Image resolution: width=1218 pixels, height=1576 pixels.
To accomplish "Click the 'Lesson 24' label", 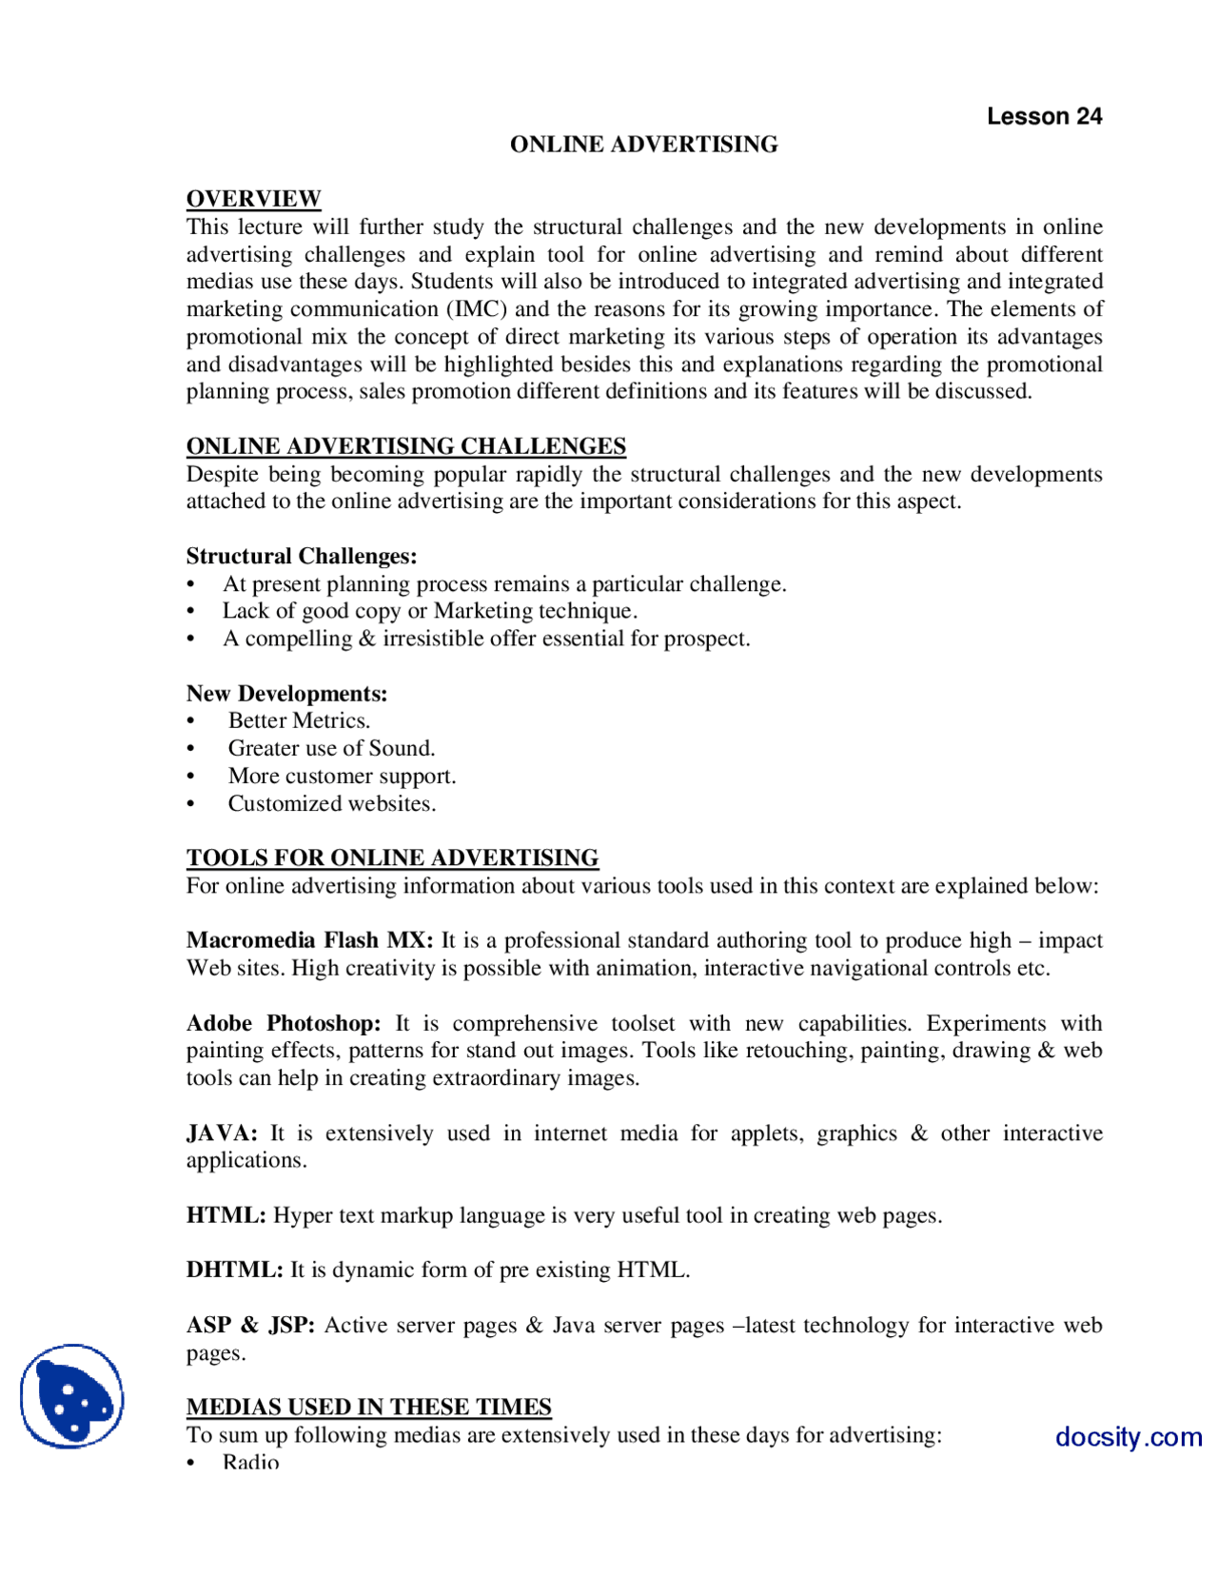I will tap(1044, 116).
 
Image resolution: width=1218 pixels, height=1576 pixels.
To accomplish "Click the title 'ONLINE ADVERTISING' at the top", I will tap(643, 145).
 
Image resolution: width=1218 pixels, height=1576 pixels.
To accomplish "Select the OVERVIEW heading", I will tap(253, 199).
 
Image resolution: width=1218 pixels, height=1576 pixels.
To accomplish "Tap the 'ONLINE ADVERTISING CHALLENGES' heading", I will tap(405, 446).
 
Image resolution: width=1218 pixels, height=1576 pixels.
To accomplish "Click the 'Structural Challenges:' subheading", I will tap(302, 556).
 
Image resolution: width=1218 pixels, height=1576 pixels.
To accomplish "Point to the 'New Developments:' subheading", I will tap(286, 694).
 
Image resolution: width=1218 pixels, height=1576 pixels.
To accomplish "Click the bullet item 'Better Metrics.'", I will tap(299, 720).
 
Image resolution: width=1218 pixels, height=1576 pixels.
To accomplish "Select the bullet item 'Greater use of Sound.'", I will tap(331, 748).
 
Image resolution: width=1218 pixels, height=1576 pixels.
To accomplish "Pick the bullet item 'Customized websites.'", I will tap(331, 803).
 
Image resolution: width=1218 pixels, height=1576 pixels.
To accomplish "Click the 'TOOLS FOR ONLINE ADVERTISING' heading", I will tap(392, 857).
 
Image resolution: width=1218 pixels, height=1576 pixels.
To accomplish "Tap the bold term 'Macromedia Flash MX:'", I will tap(309, 940).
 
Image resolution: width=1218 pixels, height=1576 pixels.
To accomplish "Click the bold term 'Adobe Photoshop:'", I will tap(283, 1023).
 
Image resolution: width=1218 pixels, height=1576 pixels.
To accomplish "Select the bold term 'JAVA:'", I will tap(221, 1133).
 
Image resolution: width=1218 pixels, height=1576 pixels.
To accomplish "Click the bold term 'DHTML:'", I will tap(234, 1270).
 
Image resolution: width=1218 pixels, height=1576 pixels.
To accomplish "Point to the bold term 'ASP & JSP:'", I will tap(250, 1325).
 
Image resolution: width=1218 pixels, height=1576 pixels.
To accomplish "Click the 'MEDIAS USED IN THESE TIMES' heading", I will tap(368, 1407).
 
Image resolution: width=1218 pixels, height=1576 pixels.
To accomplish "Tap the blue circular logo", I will tap(72, 1395).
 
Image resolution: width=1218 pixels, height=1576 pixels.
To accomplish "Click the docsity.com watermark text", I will tap(1128, 1436).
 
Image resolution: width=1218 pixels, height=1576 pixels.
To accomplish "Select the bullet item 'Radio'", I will tap(250, 1462).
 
